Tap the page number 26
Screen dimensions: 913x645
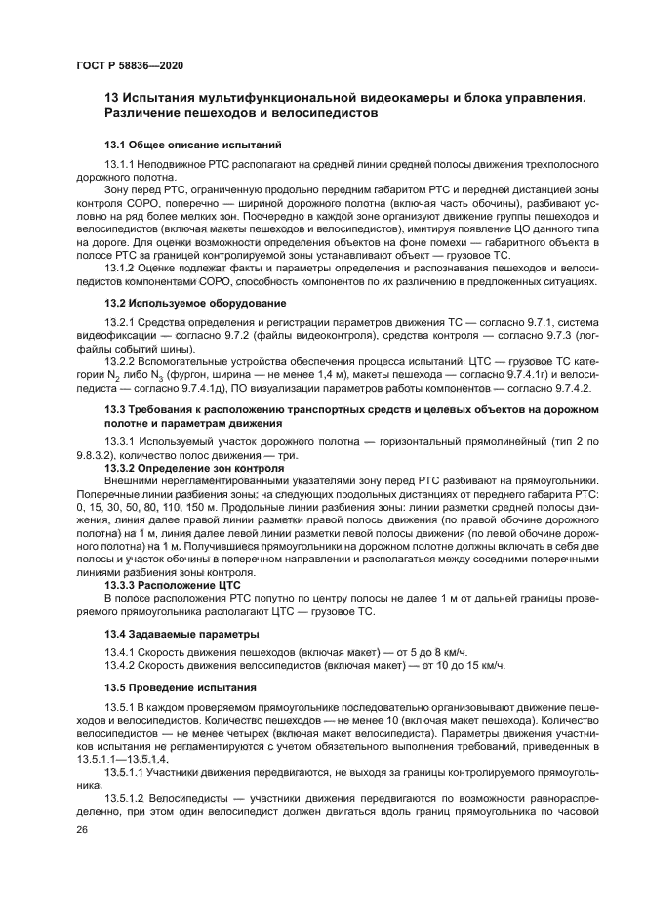click(x=81, y=828)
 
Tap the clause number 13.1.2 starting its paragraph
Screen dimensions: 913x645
click(x=122, y=268)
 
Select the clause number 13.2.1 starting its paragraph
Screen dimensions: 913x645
click(x=122, y=322)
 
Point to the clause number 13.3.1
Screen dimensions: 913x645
click(x=122, y=442)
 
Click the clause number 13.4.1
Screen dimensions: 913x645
click(x=122, y=651)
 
